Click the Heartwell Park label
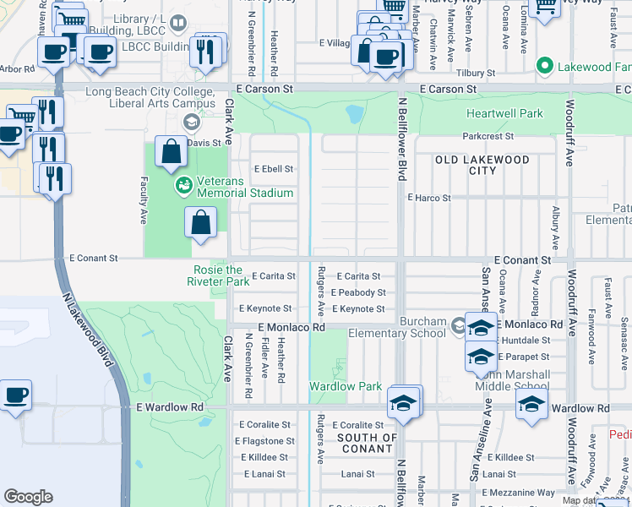pyautogui.click(x=505, y=112)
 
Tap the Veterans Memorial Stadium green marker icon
pyautogui.click(x=181, y=183)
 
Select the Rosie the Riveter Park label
pyautogui.click(x=216, y=275)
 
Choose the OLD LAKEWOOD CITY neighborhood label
pyautogui.click(x=482, y=165)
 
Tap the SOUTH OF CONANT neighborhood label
pyautogui.click(x=367, y=443)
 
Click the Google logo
pyautogui.click(x=28, y=496)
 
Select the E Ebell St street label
pyautogui.click(x=272, y=169)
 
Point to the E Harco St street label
pyautogui.click(x=429, y=198)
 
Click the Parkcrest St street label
pyautogui.click(x=488, y=136)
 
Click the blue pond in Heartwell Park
pyautogui.click(x=355, y=112)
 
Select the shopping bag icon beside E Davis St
pyautogui.click(x=172, y=152)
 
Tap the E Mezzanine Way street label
pyautogui.click(x=518, y=492)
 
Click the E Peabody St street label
pyautogui.click(x=357, y=292)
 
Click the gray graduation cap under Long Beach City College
pyautogui.click(x=192, y=123)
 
